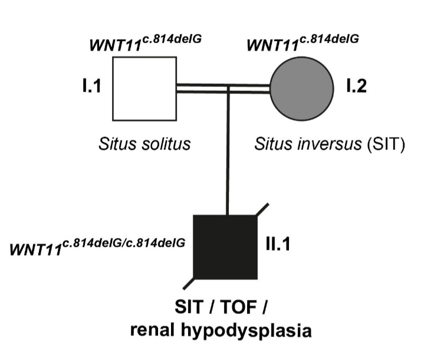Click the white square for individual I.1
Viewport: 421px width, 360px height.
click(145, 87)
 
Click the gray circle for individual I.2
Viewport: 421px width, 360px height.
click(302, 88)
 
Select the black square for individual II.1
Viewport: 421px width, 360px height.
click(226, 246)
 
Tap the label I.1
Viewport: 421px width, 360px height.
click(92, 87)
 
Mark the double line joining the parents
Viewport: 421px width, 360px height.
click(224, 88)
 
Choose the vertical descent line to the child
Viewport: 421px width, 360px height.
click(228, 153)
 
